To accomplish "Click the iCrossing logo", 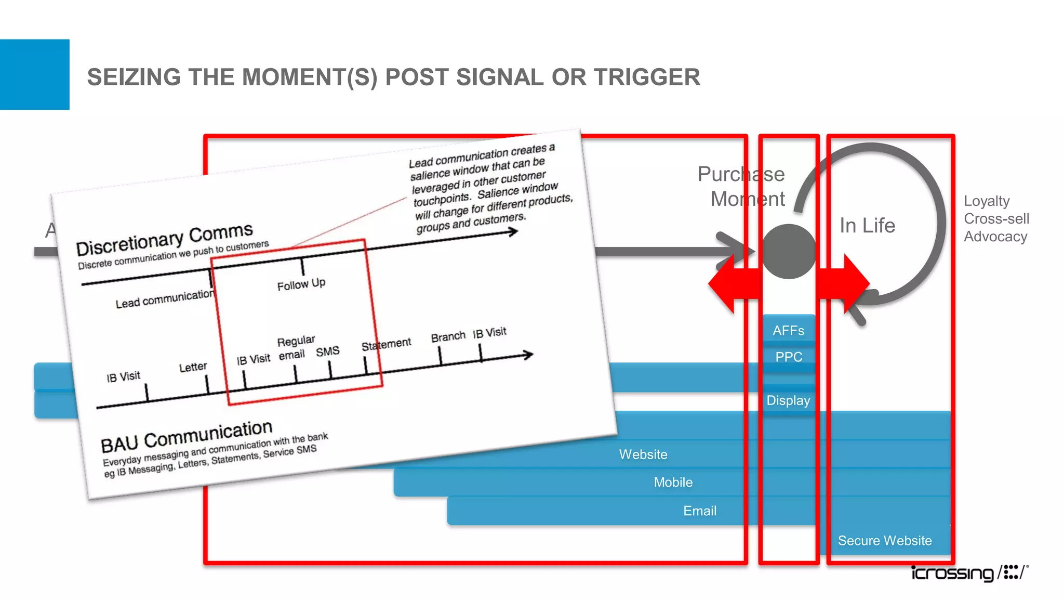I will tap(969, 572).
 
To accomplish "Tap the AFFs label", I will tap(788, 331).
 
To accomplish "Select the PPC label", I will tap(789, 357).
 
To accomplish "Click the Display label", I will tap(788, 400).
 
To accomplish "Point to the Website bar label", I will tap(643, 454).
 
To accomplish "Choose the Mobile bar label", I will tap(673, 483).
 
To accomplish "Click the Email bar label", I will tap(700, 511).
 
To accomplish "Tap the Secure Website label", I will tap(885, 541).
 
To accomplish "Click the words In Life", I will tap(867, 226).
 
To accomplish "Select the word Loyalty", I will tap(987, 201).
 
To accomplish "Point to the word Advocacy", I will tap(995, 237).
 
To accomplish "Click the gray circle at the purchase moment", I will tap(789, 252).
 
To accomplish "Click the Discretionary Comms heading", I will tap(164, 240).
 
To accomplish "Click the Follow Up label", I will tap(301, 284).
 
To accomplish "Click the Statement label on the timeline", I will tap(386, 344).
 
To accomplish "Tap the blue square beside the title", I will tap(34, 74).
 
